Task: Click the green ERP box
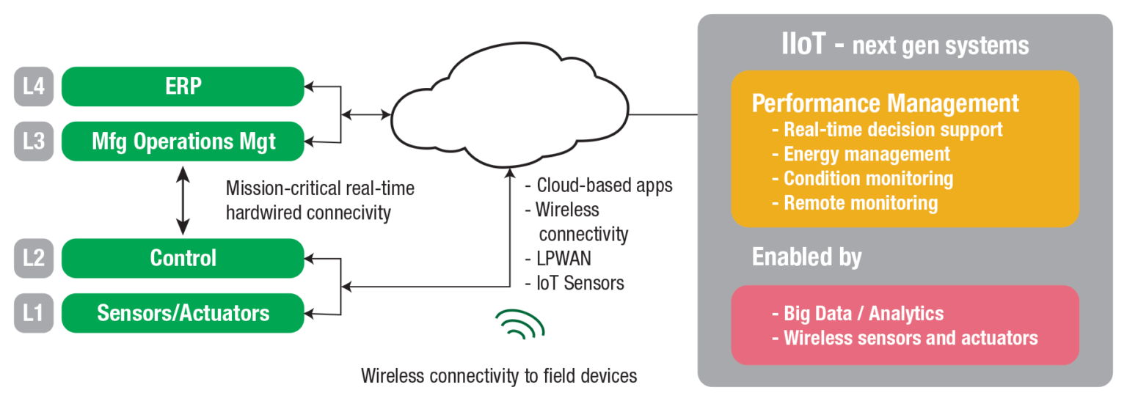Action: coord(183,87)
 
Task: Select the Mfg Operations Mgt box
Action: coord(183,141)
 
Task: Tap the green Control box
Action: coord(183,258)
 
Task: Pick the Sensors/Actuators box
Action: coord(183,313)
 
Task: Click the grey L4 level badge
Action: coord(34,87)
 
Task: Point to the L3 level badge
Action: coord(34,141)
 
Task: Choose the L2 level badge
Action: coord(34,258)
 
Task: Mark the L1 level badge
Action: coord(34,313)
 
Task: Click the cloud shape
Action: coord(509,103)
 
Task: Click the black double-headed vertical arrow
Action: coord(182,199)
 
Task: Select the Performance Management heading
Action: coord(885,103)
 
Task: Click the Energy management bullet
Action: coord(866,154)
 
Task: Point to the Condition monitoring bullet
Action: coord(867,178)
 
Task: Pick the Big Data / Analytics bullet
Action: coord(863,314)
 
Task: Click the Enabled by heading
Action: coord(806,257)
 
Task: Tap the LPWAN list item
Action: coord(563,259)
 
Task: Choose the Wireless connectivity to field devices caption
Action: coord(499,376)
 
